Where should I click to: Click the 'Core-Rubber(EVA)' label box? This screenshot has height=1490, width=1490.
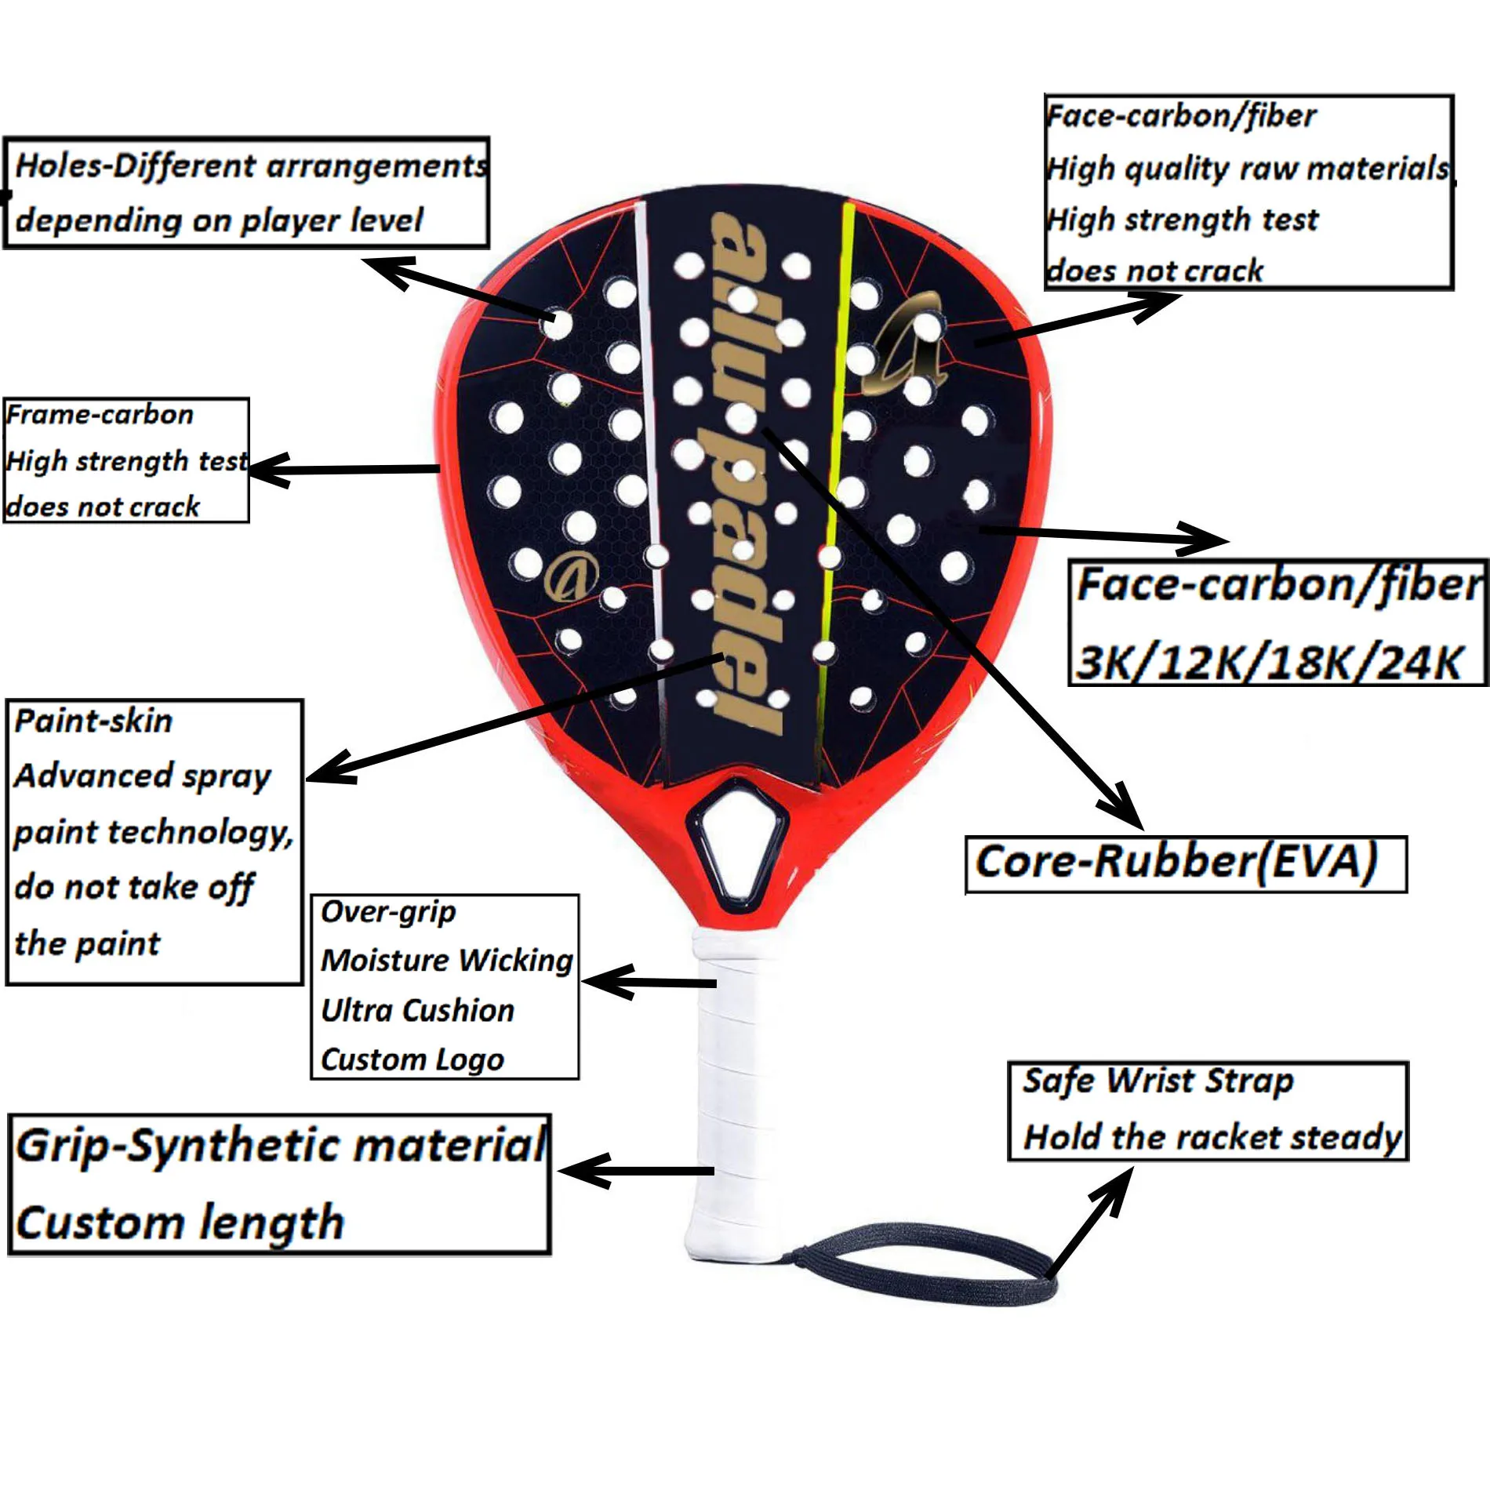pyautogui.click(x=1185, y=863)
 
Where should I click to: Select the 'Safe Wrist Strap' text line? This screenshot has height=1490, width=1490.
pyautogui.click(x=1157, y=1081)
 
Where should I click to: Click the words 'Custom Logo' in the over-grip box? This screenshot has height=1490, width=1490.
pyautogui.click(x=412, y=1059)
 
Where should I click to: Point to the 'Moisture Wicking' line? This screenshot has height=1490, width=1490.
pyautogui.click(x=446, y=961)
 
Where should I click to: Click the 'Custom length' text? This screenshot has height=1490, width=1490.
pyautogui.click(x=180, y=1223)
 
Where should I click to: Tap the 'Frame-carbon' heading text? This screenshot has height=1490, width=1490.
pyautogui.click(x=100, y=415)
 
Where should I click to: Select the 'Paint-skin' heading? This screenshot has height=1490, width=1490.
pyautogui.click(x=93, y=721)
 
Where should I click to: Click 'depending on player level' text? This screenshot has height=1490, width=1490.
pyautogui.click(x=219, y=221)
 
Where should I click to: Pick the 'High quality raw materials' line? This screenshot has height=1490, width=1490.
pyautogui.click(x=1247, y=169)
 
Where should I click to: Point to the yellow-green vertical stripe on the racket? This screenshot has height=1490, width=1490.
pyautogui.click(x=836, y=471)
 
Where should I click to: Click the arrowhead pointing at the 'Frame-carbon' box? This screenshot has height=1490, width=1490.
pyautogui.click(x=267, y=471)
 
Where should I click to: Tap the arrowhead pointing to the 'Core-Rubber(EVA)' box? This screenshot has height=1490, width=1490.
pyautogui.click(x=1121, y=808)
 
